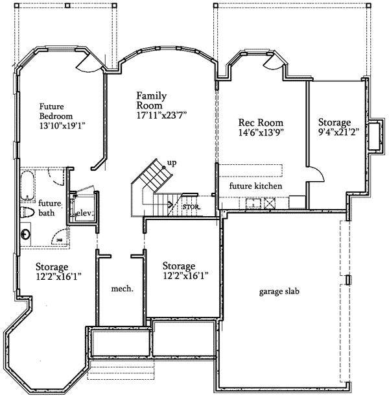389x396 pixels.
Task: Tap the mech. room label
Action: (x=122, y=289)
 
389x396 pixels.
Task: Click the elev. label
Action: (x=84, y=213)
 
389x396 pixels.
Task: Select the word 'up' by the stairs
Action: (x=172, y=162)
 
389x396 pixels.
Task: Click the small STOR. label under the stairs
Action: (x=191, y=207)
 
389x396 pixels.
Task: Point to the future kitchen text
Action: (x=255, y=186)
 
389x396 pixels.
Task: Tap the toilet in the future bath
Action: (x=27, y=214)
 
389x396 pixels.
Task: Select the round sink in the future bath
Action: (x=26, y=234)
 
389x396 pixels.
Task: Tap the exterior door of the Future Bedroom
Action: (x=88, y=63)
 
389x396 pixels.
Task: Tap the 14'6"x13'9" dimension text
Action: (x=261, y=132)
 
